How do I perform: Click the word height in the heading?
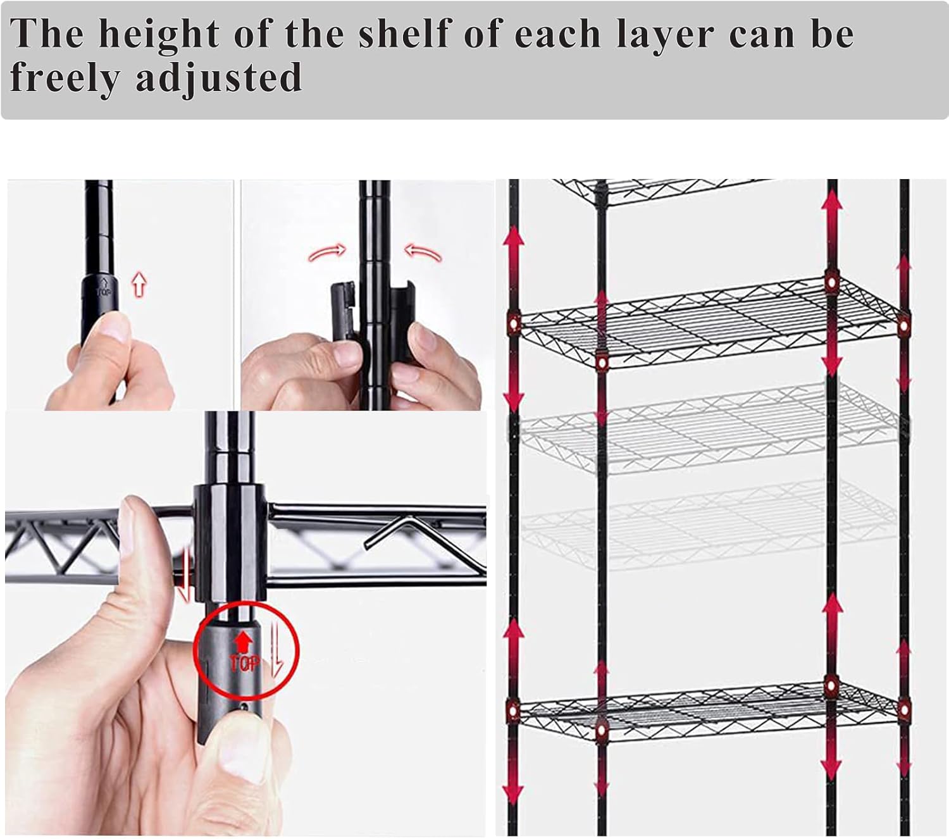click(159, 34)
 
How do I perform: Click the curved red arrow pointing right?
click(327, 252)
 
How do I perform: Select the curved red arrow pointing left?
click(423, 252)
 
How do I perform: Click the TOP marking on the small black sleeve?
click(104, 287)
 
